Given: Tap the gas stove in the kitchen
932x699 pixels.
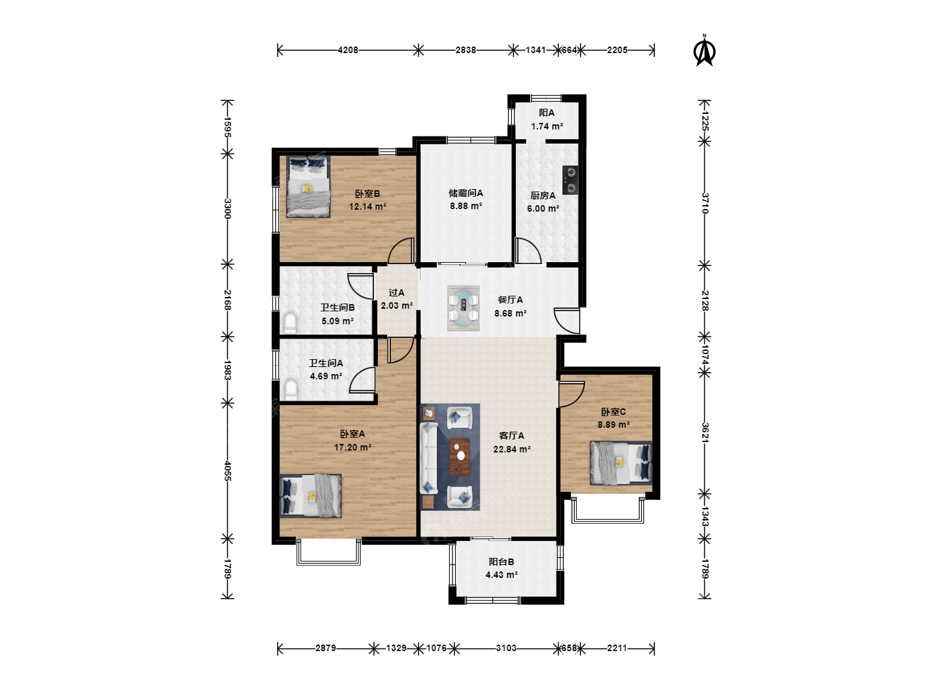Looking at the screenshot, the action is point(570,181).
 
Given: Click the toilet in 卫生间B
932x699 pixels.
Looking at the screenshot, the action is point(289,323).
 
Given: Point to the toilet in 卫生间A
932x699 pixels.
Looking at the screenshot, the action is point(291,390).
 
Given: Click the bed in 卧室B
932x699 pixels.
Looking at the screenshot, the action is point(308,187).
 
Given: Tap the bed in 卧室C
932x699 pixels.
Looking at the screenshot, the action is point(621,463).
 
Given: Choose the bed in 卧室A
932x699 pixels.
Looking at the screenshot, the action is point(311,496).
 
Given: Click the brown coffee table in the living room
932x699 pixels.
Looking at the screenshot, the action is point(460,457).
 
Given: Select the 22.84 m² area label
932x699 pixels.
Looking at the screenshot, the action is point(512,449).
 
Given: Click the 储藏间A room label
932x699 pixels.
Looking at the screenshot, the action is point(466,193).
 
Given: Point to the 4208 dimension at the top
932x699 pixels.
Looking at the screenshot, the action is point(348,50).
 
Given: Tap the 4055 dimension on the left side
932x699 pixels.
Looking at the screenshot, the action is point(227,471).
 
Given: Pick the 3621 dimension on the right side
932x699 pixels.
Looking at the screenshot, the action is point(704,432).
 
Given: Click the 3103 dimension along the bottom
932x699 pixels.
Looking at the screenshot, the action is point(506,648).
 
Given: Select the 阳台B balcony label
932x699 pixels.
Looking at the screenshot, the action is point(502,562).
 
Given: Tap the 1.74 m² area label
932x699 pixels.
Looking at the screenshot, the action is point(547,126).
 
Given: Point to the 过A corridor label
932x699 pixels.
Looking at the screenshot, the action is point(397,293).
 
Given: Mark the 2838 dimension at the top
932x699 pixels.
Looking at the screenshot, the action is point(466,50).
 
